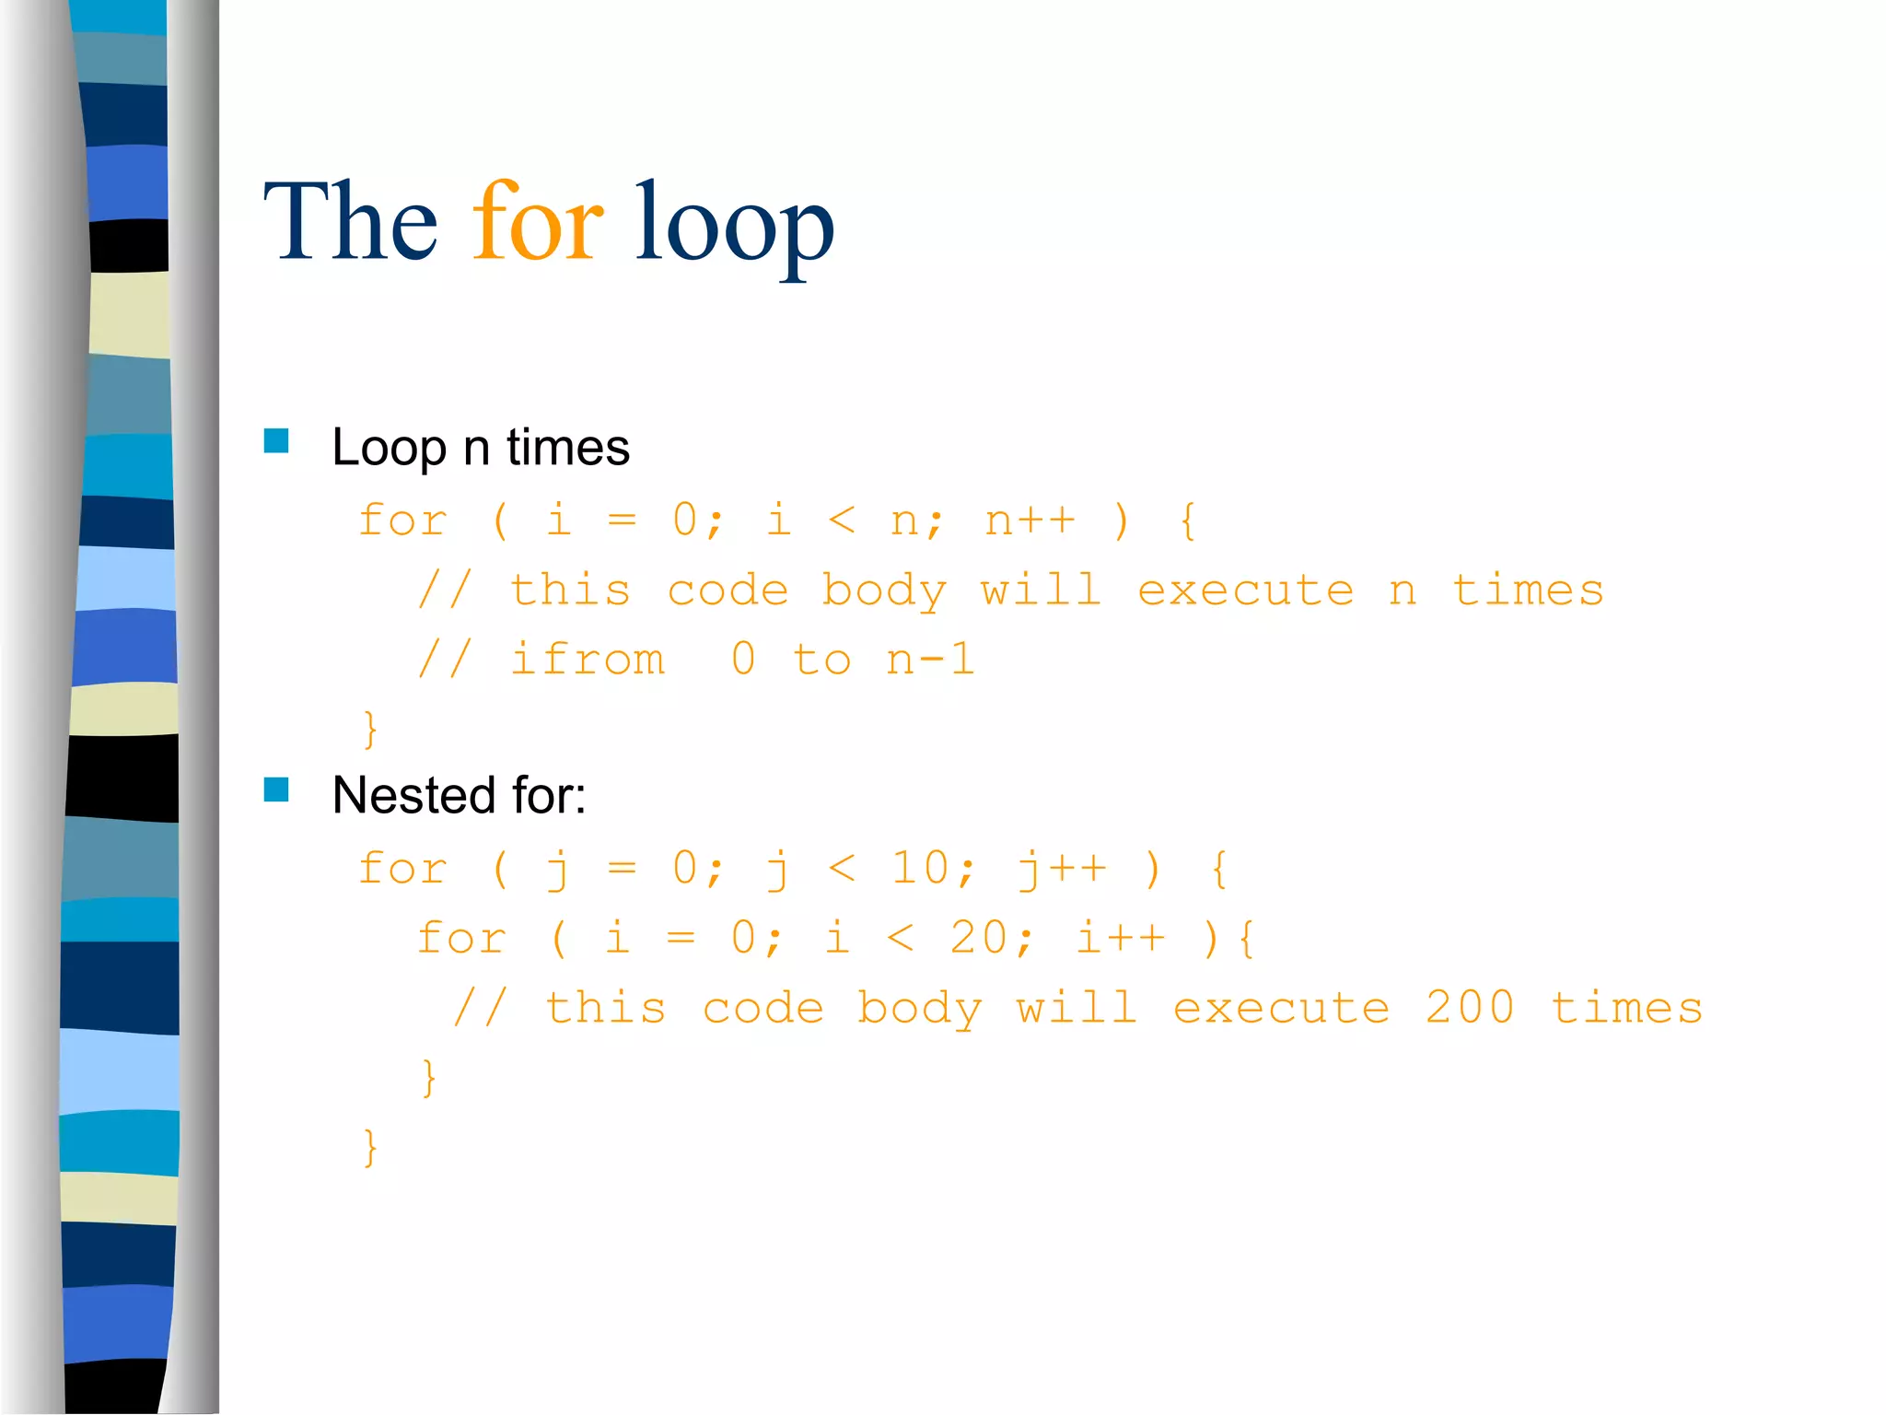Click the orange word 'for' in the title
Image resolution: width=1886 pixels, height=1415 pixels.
coord(538,223)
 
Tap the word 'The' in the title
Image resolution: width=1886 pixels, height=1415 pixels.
coord(350,223)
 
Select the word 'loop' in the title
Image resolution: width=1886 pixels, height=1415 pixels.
coord(734,227)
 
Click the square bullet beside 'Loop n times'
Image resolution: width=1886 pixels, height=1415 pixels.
coord(276,441)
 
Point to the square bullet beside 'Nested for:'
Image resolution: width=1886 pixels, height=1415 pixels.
coord(276,789)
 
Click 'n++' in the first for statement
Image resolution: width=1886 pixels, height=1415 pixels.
coord(1030,520)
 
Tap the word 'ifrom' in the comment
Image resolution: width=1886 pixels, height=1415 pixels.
coord(588,660)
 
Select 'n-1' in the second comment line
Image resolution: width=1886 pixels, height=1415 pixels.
coord(930,660)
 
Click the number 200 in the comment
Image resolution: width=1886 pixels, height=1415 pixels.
coord(1470,1007)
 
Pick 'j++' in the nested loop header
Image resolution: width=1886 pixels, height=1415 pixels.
coord(1062,870)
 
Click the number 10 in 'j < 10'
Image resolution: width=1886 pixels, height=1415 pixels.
coord(919,868)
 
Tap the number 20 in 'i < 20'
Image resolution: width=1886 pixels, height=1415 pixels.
coord(979,938)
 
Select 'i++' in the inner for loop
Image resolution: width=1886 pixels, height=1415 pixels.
coord(1121,938)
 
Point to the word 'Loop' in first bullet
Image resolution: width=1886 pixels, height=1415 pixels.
coord(389,449)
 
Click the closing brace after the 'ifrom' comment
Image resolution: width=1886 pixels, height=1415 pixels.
coord(370,730)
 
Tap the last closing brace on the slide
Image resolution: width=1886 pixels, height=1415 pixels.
coord(370,1148)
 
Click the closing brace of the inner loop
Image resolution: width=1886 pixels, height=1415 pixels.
coord(429,1078)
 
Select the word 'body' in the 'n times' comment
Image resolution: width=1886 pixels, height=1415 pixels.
coord(884,591)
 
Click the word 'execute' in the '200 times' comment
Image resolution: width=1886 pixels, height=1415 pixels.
coord(1281,1008)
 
